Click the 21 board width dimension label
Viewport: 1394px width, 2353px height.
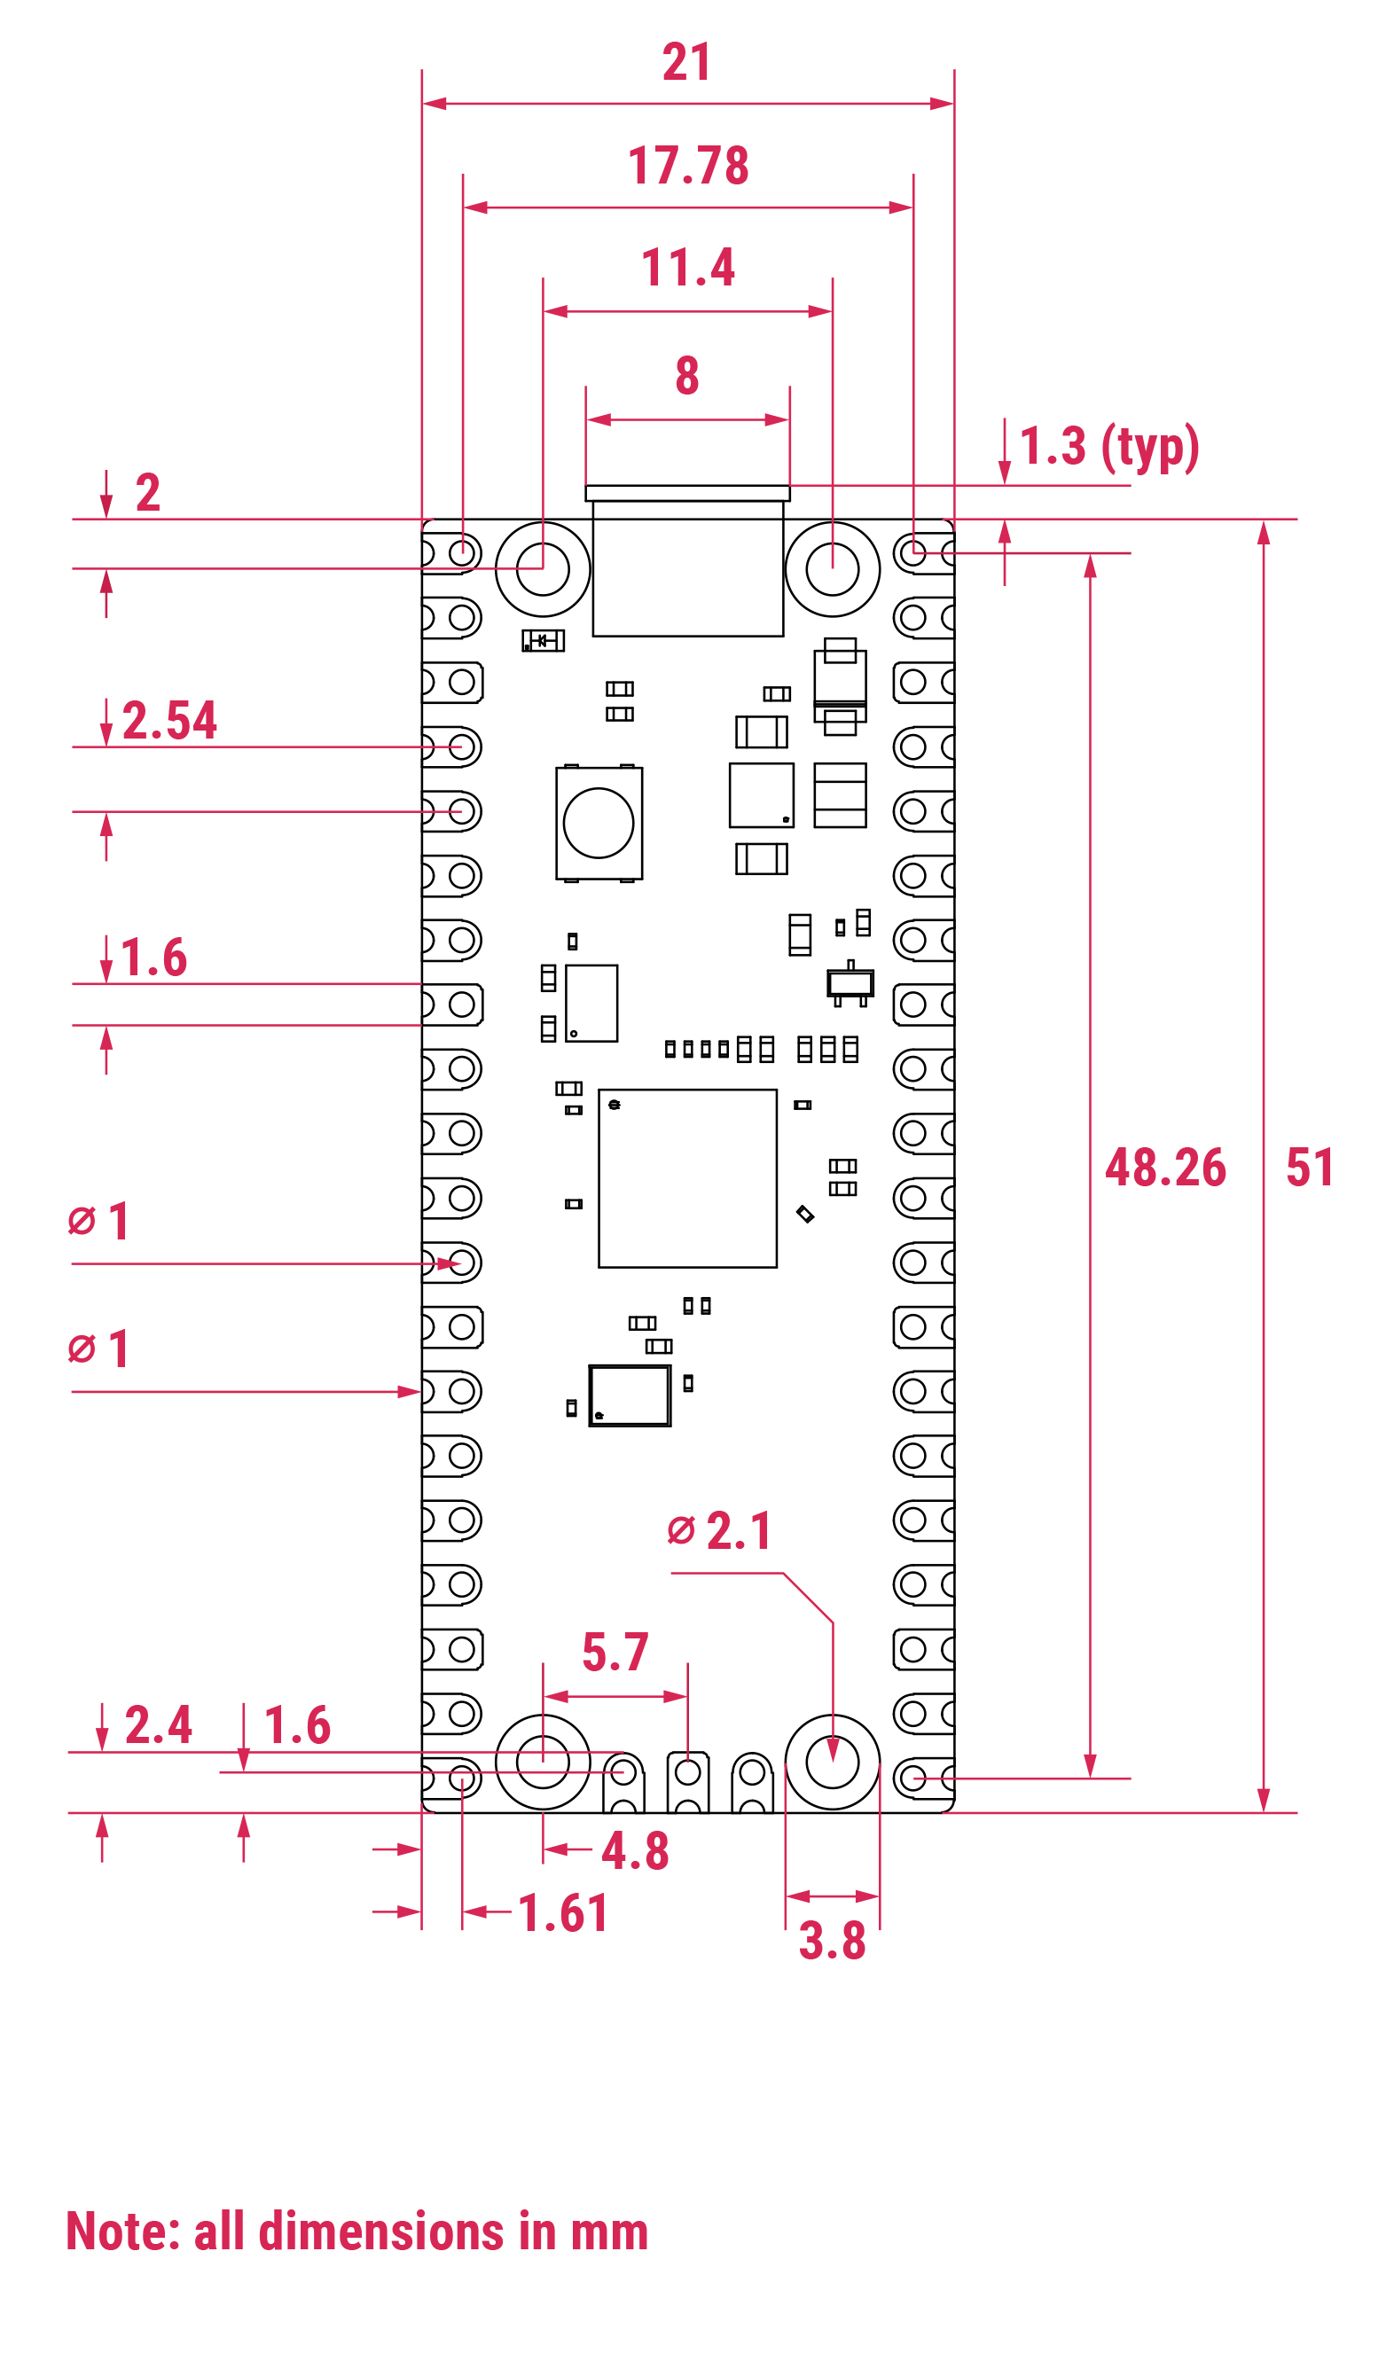point(686,62)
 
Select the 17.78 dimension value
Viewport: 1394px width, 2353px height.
point(688,165)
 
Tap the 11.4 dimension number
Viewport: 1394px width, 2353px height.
point(688,268)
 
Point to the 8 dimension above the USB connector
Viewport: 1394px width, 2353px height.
point(687,376)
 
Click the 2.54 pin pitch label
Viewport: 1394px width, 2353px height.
point(170,721)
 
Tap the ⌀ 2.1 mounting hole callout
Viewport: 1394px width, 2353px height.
point(719,1531)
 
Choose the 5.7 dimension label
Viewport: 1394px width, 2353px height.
point(615,1652)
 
